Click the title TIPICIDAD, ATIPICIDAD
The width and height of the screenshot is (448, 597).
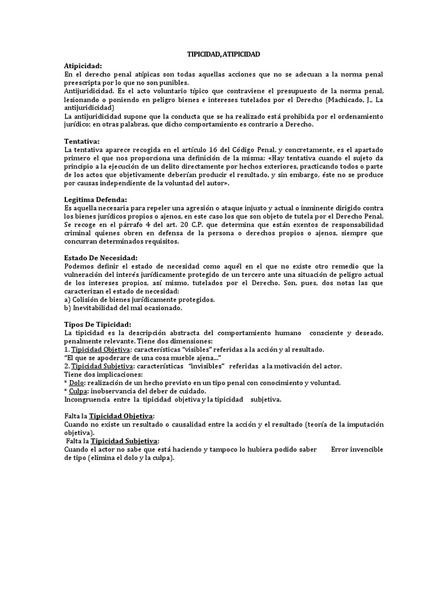pos(223,54)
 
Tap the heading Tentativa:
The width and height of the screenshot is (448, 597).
pos(82,141)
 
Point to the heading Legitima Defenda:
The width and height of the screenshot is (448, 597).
pos(95,199)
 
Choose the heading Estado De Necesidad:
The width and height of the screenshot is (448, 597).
pos(100,258)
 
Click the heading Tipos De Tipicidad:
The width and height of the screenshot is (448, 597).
pos(97,324)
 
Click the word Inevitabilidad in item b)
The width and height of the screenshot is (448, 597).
pos(99,308)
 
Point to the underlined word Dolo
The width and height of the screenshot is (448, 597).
pos(76,382)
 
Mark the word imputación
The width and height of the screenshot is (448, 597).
pos(363,424)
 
